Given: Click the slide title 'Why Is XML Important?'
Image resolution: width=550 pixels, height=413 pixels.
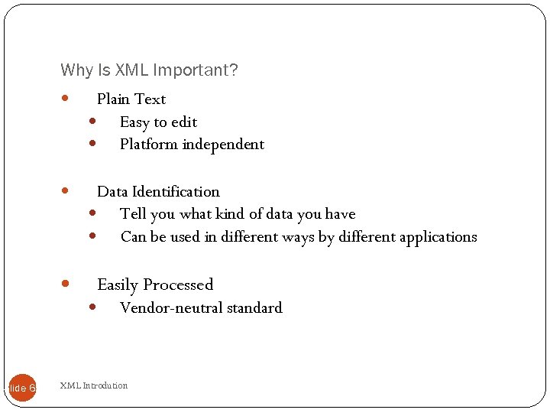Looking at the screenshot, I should pyautogui.click(x=149, y=70).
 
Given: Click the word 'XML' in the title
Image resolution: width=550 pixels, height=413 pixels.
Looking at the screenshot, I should pyautogui.click(x=131, y=70).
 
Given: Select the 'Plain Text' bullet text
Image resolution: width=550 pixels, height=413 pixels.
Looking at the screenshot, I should pyautogui.click(x=131, y=99).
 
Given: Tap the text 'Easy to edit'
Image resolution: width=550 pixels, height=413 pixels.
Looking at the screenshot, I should pyautogui.click(x=158, y=122).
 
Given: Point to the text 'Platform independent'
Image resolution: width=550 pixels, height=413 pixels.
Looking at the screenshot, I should pyautogui.click(x=192, y=145).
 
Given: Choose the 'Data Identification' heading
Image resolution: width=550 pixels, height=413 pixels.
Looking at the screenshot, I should pyautogui.click(x=158, y=192).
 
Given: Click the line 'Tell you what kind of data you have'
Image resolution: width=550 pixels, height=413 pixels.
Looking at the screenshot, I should pyautogui.click(x=238, y=214).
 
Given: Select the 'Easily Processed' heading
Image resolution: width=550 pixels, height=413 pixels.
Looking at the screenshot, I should pyautogui.click(x=155, y=285).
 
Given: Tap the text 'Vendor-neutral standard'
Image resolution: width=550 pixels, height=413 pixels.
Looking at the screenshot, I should pyautogui.click(x=201, y=308).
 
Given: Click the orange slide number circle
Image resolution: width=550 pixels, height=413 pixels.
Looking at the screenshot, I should pyautogui.click(x=23, y=388).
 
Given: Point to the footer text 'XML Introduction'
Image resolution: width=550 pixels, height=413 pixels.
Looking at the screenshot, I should pyautogui.click(x=94, y=385).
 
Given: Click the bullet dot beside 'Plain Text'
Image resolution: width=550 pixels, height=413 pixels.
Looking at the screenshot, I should pyautogui.click(x=65, y=99).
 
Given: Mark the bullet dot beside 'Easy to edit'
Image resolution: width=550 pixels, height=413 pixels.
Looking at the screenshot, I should pyautogui.click(x=92, y=121).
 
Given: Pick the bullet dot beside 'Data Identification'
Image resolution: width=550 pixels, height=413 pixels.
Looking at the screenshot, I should pyautogui.click(x=65, y=191).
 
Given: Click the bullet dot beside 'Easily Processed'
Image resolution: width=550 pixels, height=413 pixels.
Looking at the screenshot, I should pyautogui.click(x=65, y=284).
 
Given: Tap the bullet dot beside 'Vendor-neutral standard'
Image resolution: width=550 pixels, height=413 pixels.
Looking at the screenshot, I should pyautogui.click(x=92, y=307).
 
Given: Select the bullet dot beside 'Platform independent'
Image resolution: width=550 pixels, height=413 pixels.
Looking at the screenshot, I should pyautogui.click(x=92, y=143).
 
